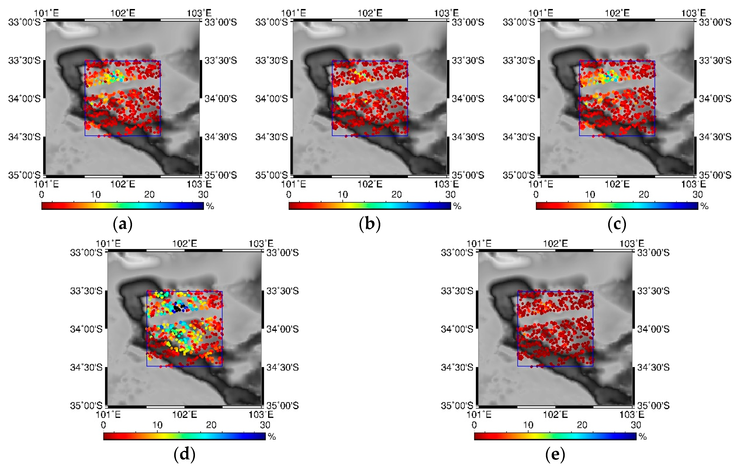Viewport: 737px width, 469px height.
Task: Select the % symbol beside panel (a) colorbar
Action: coord(210,206)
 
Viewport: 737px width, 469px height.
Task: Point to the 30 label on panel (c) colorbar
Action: coord(698,194)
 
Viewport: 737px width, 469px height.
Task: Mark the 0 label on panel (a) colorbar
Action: coord(42,194)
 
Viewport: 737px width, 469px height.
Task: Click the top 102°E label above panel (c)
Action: coord(617,13)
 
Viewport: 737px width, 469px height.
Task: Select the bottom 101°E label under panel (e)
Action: coord(479,415)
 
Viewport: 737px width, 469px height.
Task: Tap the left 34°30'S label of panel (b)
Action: coord(272,137)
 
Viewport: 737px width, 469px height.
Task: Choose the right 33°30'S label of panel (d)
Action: coord(282,291)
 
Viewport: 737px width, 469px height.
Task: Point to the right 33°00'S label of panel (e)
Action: coord(653,253)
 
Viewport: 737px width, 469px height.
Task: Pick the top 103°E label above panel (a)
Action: coord(199,13)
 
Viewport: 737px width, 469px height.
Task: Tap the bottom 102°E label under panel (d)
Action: coord(184,415)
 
